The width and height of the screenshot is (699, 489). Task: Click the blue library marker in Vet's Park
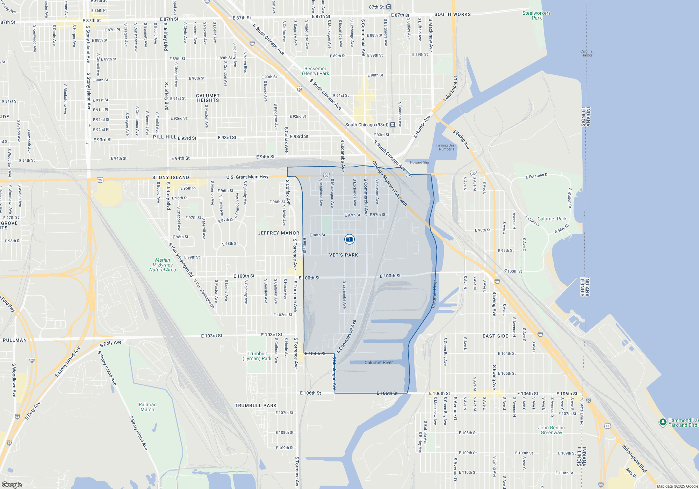pyautogui.click(x=349, y=239)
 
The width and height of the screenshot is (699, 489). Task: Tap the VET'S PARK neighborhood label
pyautogui.click(x=344, y=255)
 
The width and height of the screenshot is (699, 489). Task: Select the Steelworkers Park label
pyautogui.click(x=536, y=15)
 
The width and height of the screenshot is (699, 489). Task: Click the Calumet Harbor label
pyautogui.click(x=587, y=53)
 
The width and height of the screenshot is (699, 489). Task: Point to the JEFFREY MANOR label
pyautogui.click(x=279, y=233)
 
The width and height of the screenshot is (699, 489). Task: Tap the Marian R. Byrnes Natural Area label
pyautogui.click(x=163, y=265)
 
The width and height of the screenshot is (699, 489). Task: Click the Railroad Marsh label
pyautogui.click(x=147, y=407)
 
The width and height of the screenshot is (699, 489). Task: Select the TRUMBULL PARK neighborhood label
pyautogui.click(x=255, y=406)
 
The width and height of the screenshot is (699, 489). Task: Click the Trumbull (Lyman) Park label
pyautogui.click(x=257, y=356)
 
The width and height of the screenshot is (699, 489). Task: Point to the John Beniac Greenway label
pyautogui.click(x=551, y=430)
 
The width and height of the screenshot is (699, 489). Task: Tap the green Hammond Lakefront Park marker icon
pyautogui.click(x=663, y=422)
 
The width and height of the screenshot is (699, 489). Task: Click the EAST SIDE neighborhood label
pyautogui.click(x=495, y=336)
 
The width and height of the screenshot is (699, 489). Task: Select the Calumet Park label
pyautogui.click(x=552, y=219)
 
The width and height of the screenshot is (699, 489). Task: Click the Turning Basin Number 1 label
pyautogui.click(x=446, y=147)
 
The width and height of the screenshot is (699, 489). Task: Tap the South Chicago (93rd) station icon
pyautogui.click(x=392, y=125)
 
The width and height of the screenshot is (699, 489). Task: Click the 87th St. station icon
pyautogui.click(x=389, y=7)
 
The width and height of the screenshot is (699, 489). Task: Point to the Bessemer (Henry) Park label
pyautogui.click(x=316, y=71)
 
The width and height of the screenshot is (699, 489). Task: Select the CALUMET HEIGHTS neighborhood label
pyautogui.click(x=208, y=98)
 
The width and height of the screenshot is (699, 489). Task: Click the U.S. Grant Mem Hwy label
pyautogui.click(x=247, y=177)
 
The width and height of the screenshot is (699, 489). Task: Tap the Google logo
pyautogui.click(x=12, y=484)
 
